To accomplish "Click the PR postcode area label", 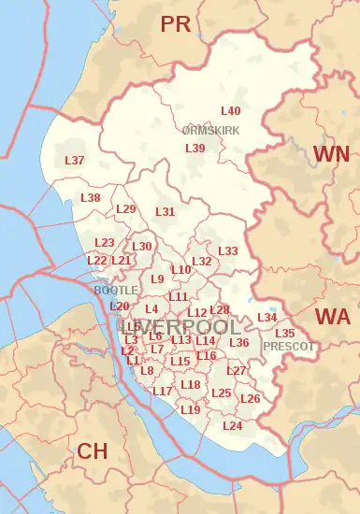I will click(x=175, y=24).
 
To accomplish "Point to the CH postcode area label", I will click(x=92, y=451).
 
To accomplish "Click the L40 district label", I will click(x=230, y=111).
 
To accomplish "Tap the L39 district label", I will click(x=194, y=148).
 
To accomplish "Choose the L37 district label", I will click(x=74, y=161).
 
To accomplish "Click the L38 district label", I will click(x=90, y=198).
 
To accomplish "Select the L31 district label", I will click(x=165, y=211).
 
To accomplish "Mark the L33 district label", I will click(x=227, y=251).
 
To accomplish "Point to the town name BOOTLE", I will click(x=115, y=290).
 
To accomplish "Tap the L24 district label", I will click(x=233, y=426).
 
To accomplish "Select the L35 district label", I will click(x=285, y=333).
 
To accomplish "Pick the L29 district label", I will click(x=126, y=208).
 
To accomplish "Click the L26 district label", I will click(x=250, y=399).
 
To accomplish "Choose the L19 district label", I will click(x=190, y=409).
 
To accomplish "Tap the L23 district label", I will click(x=105, y=242).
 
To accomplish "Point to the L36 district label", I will click(x=239, y=343).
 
